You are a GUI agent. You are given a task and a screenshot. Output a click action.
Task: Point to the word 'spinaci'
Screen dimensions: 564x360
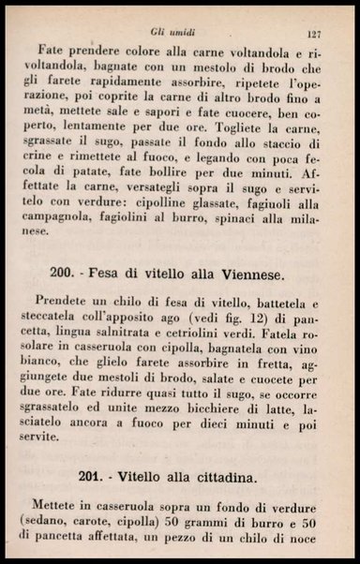[254, 230]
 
